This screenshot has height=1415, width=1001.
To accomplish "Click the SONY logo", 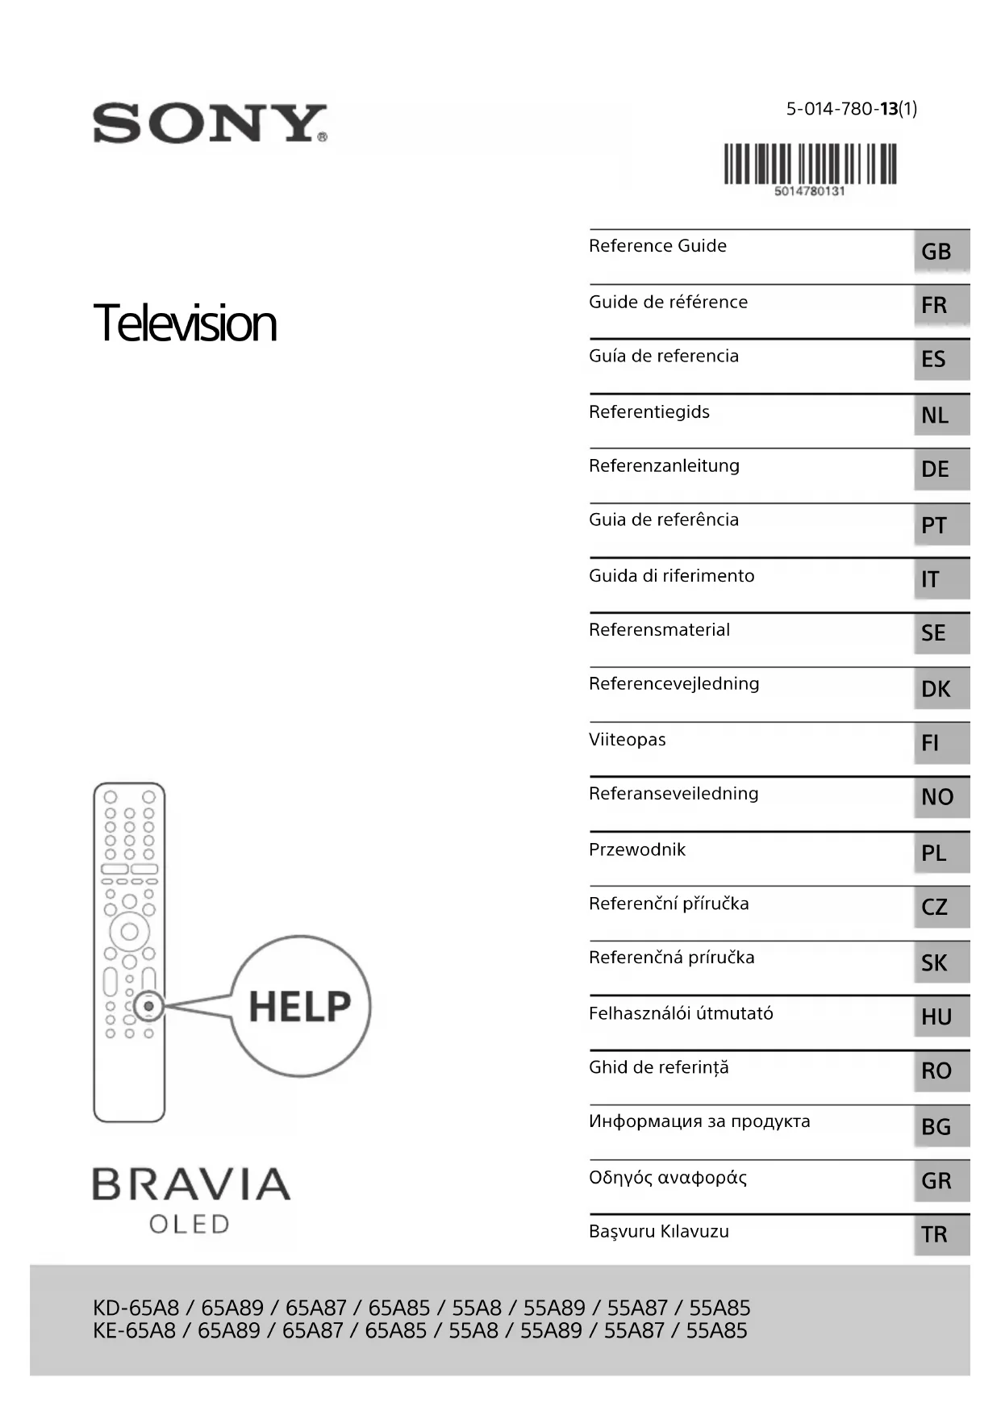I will click(x=210, y=123).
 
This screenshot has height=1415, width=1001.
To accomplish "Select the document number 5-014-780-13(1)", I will click(x=851, y=109).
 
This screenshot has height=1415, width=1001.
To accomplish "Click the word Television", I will click(x=185, y=323).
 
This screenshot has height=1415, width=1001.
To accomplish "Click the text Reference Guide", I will click(x=657, y=246).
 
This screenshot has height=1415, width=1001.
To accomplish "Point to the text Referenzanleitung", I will click(x=664, y=465).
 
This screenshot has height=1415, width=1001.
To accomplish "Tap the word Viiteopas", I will click(x=627, y=739).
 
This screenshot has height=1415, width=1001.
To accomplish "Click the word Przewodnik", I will click(x=636, y=849).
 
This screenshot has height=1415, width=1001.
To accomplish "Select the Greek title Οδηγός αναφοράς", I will click(x=667, y=1178).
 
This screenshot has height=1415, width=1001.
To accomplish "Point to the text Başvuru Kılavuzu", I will click(x=658, y=1231).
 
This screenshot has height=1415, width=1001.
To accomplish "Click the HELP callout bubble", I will click(x=300, y=1006).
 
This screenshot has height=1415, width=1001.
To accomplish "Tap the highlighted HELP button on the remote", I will click(x=148, y=1006).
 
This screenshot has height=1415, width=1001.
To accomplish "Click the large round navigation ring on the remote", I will click(x=129, y=932).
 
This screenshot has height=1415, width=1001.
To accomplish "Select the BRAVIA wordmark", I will click(x=191, y=1184).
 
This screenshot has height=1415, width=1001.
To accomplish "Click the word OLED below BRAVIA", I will click(x=190, y=1225).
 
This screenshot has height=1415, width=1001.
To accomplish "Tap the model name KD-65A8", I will click(x=136, y=1308).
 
